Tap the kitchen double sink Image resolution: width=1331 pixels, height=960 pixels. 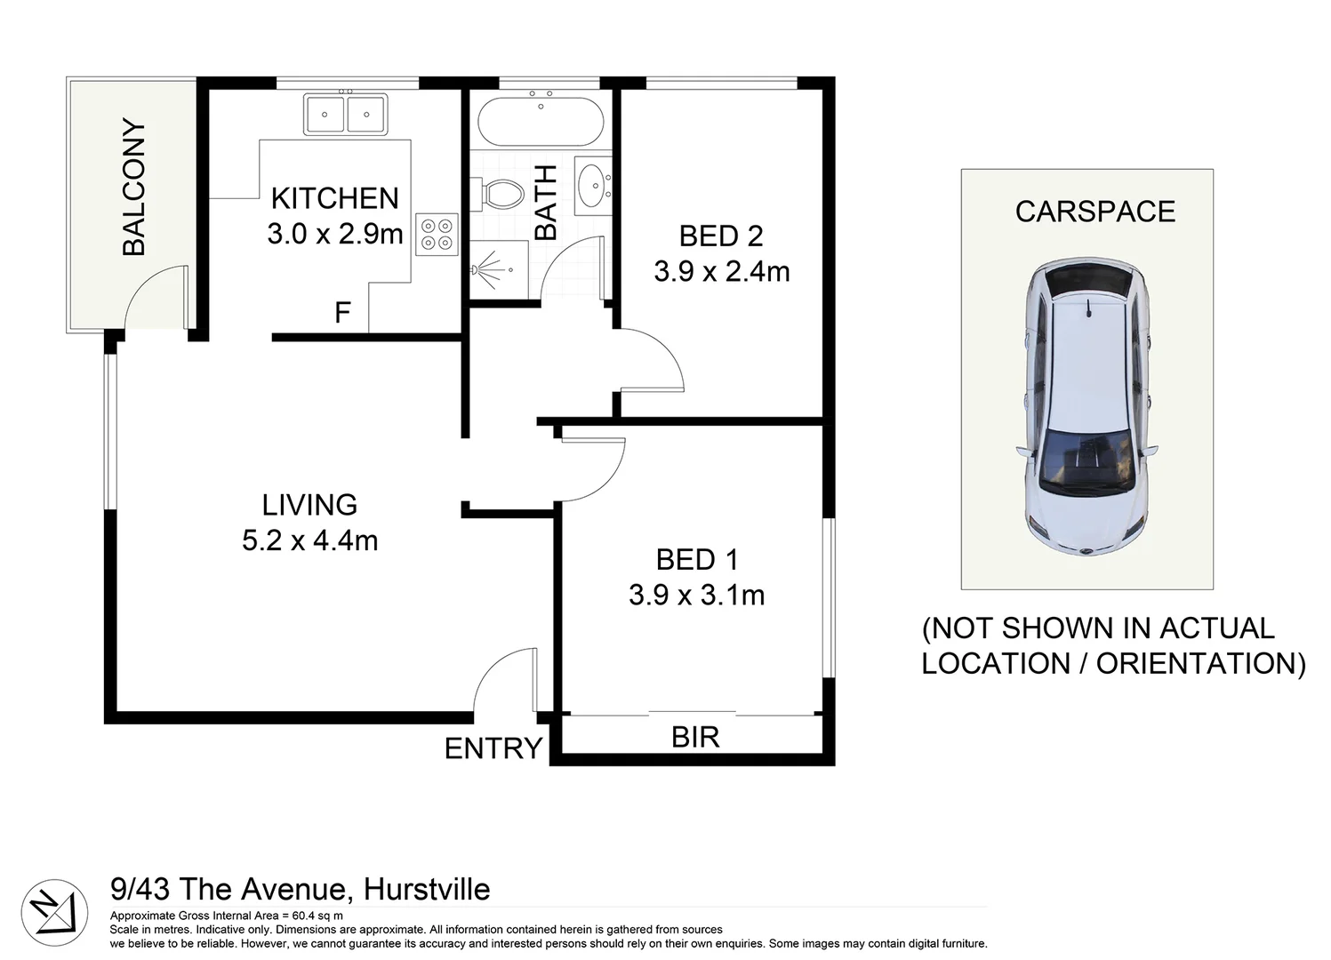[x=345, y=115]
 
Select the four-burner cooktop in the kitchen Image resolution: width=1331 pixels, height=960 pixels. [x=437, y=234]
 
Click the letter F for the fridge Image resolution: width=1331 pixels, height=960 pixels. [x=342, y=313]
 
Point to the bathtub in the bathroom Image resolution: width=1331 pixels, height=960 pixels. [x=541, y=122]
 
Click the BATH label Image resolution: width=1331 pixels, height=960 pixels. [x=545, y=203]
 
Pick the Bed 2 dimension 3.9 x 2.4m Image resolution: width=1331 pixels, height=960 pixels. [x=721, y=271]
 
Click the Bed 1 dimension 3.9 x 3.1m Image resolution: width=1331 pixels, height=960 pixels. [x=696, y=595]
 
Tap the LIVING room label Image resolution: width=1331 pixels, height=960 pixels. [x=309, y=505]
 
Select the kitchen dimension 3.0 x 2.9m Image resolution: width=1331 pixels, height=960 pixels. [x=335, y=234]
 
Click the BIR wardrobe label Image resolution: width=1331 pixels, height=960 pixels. [x=695, y=737]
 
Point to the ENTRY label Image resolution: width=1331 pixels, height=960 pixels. [x=493, y=748]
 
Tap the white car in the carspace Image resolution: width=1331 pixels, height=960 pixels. [x=1086, y=406]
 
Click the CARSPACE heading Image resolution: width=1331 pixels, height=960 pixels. [x=1094, y=212]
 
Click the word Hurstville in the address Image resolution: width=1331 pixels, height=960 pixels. [x=428, y=889]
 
